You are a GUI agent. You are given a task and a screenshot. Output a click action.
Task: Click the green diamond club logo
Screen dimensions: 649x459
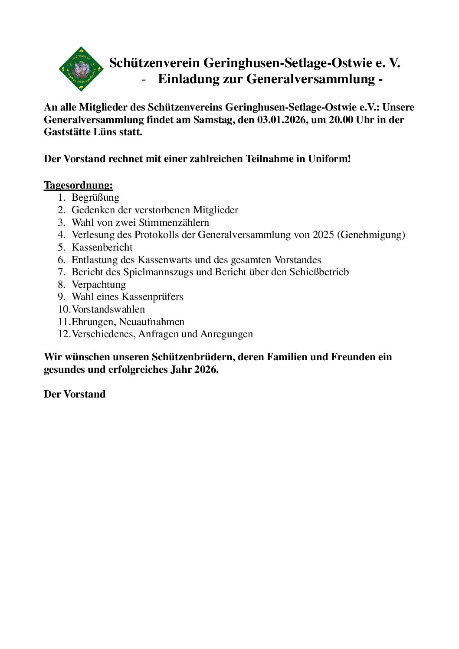[81, 69]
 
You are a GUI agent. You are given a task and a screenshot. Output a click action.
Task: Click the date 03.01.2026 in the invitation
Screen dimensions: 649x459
[281, 120]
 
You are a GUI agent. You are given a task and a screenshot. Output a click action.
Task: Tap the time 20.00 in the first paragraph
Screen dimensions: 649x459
[341, 120]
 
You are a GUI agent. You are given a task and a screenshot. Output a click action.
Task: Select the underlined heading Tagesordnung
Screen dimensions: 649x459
[78, 186]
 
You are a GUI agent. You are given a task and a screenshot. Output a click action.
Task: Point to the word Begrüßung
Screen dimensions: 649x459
[95, 198]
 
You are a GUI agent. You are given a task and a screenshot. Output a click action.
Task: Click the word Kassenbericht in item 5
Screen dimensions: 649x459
[102, 248]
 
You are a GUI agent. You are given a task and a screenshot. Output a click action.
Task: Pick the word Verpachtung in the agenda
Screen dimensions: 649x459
[98, 285]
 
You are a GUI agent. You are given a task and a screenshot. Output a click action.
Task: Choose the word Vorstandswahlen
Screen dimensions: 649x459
[108, 310]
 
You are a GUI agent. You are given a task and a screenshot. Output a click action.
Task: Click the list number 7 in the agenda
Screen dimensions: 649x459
[61, 272]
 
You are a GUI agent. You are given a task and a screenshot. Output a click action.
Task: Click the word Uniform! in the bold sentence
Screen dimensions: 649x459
[329, 159]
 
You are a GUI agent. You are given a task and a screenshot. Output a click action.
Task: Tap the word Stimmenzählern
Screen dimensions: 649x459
[174, 223]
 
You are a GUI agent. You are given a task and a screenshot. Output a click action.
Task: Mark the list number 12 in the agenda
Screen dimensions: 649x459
[63, 334]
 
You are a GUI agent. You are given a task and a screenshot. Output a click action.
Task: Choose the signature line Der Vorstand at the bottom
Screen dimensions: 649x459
[75, 395]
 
